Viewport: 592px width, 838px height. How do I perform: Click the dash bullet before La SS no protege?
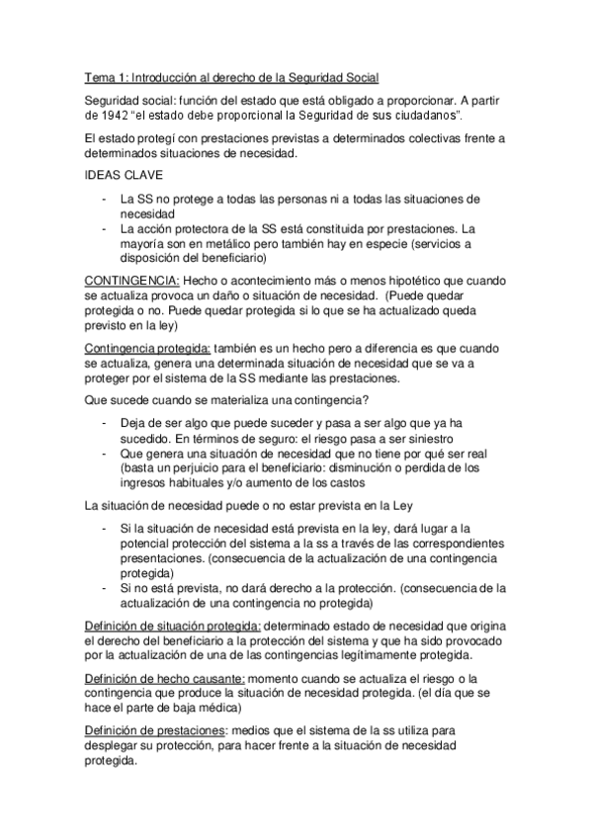(105, 198)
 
